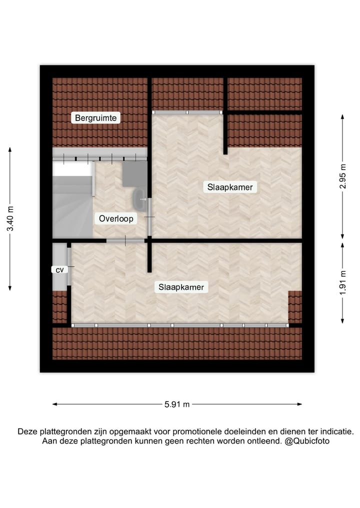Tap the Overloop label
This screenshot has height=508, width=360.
coord(115,218)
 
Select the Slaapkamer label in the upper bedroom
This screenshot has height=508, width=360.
coord(230,187)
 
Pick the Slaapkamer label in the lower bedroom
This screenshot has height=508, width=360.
coord(181,287)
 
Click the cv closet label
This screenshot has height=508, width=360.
coord(59,270)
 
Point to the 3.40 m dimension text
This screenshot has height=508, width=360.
coord(10,218)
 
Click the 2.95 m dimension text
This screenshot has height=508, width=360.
coord(342,176)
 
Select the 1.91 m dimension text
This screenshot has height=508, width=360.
coord(342,283)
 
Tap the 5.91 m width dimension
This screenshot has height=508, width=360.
coord(177,405)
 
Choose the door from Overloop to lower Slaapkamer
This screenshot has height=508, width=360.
coord(125,241)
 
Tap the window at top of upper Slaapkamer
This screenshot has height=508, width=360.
coord(187,112)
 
